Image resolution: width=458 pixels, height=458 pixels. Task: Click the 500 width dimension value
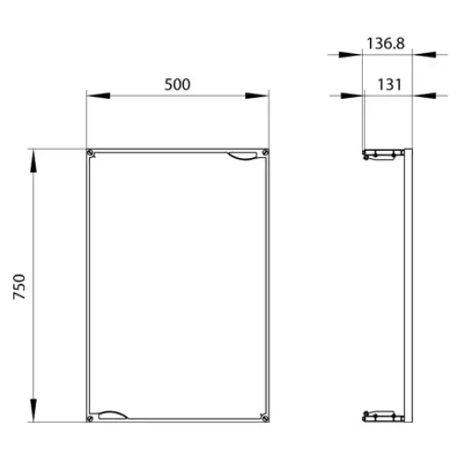click(177, 84)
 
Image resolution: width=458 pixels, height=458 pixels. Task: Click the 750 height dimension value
click(20, 286)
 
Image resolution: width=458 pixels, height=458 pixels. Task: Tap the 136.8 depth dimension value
click(385, 43)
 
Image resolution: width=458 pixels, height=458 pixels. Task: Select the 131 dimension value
click(389, 84)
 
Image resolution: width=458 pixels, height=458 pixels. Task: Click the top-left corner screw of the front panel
click(91, 154)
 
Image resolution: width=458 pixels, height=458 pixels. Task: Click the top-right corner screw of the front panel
click(265, 153)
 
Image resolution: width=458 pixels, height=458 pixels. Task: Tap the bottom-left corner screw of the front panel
click(90, 418)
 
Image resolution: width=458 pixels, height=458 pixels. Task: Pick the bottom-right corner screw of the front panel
click(265, 418)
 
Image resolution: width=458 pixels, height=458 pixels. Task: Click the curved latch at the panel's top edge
click(242, 156)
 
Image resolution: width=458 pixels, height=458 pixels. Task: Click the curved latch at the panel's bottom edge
click(113, 415)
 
